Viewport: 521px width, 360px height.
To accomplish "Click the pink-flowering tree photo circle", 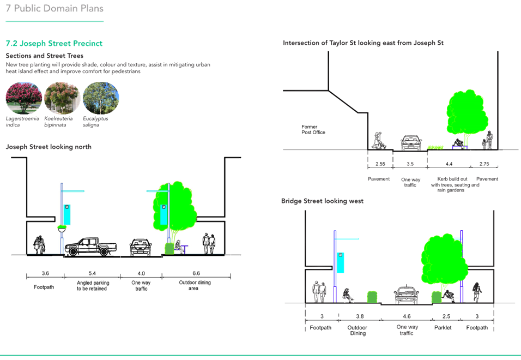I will click(24, 98).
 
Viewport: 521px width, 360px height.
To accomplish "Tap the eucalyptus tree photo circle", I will click(101, 98).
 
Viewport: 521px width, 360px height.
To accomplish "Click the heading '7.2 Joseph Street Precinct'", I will click(53, 43).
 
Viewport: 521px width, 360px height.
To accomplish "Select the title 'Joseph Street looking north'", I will click(49, 147).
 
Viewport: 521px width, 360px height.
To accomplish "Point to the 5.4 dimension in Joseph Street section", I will click(92, 273).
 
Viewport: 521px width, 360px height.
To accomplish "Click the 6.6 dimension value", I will click(196, 273).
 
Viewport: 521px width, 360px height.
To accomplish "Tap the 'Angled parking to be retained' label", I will click(92, 285).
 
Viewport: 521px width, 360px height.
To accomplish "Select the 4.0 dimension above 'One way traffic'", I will click(142, 273).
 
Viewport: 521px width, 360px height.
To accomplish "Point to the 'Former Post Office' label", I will click(313, 129).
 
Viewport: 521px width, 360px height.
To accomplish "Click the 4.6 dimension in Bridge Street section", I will click(407, 316).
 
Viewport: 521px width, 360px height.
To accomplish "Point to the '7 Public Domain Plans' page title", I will click(54, 9).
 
